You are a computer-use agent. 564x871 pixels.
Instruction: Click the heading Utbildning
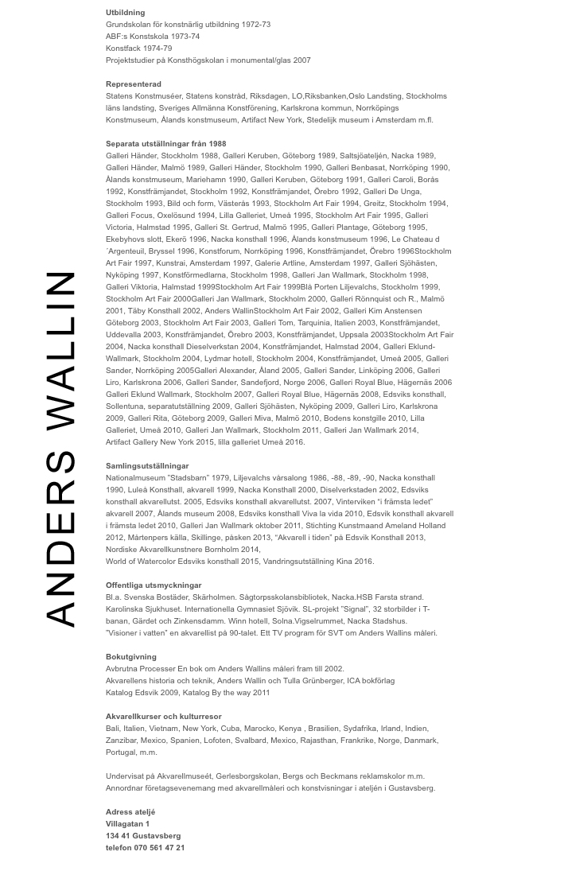click(x=125, y=13)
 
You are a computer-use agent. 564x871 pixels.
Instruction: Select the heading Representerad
click(x=133, y=84)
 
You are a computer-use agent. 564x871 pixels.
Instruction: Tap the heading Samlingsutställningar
click(x=147, y=466)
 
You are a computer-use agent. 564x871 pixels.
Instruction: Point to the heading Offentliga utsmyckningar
click(x=154, y=585)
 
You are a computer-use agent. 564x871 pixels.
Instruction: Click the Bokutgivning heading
click(x=130, y=657)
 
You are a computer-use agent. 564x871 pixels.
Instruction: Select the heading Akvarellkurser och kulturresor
click(x=163, y=717)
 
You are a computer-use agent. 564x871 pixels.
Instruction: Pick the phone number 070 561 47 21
click(x=159, y=848)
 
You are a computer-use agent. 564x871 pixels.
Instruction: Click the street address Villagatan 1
click(x=127, y=824)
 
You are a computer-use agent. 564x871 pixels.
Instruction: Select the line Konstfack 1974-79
click(x=138, y=49)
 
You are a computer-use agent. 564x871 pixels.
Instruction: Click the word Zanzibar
click(x=122, y=741)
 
